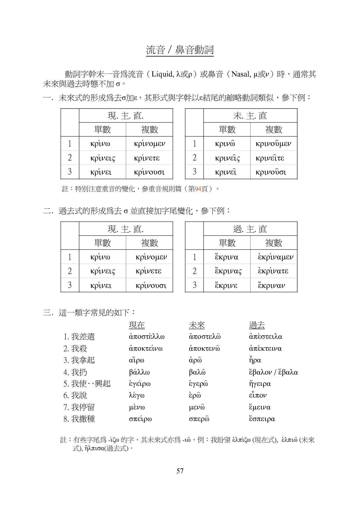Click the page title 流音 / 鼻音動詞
click(180, 50)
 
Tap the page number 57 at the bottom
click(180, 471)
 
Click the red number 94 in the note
click(198, 189)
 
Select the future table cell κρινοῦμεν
click(273, 144)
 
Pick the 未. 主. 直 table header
click(250, 116)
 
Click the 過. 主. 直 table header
click(250, 229)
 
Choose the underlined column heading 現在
click(137, 325)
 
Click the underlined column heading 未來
click(197, 325)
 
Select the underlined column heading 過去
click(257, 325)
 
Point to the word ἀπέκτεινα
click(265, 348)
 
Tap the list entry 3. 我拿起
click(79, 360)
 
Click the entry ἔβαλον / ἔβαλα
click(273, 372)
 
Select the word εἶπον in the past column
click(258, 395)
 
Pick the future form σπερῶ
click(199, 419)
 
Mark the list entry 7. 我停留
click(79, 407)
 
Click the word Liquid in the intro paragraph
click(163, 74)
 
